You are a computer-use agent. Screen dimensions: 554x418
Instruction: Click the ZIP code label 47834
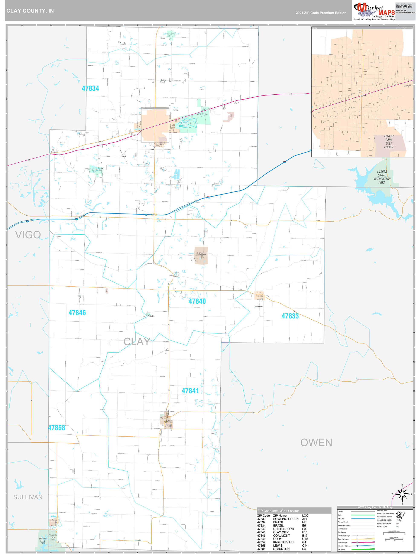[90, 88]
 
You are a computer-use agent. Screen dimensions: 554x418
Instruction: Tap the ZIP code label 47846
[77, 313]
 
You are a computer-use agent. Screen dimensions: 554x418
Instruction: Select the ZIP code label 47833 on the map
[290, 316]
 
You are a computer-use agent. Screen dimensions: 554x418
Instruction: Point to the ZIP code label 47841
[190, 391]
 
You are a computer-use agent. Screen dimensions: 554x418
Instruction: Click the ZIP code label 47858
[56, 428]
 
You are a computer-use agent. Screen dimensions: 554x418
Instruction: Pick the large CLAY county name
[137, 342]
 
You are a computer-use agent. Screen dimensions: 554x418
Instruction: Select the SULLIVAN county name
[27, 497]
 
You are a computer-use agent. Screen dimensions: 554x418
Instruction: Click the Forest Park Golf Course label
[389, 141]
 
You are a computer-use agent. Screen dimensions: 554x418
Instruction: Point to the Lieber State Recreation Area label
[382, 177]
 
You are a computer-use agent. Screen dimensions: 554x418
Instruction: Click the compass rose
[402, 494]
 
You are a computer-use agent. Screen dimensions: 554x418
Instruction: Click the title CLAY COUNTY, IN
[30, 11]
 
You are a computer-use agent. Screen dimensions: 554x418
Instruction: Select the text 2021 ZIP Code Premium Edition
[321, 13]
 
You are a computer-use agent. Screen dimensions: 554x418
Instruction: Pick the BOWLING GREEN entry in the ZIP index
[286, 519]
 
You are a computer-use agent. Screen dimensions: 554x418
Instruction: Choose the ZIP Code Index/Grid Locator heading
[278, 511]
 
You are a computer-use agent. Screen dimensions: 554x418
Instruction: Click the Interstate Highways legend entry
[344, 546]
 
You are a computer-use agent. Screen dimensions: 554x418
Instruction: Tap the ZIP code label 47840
[197, 301]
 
